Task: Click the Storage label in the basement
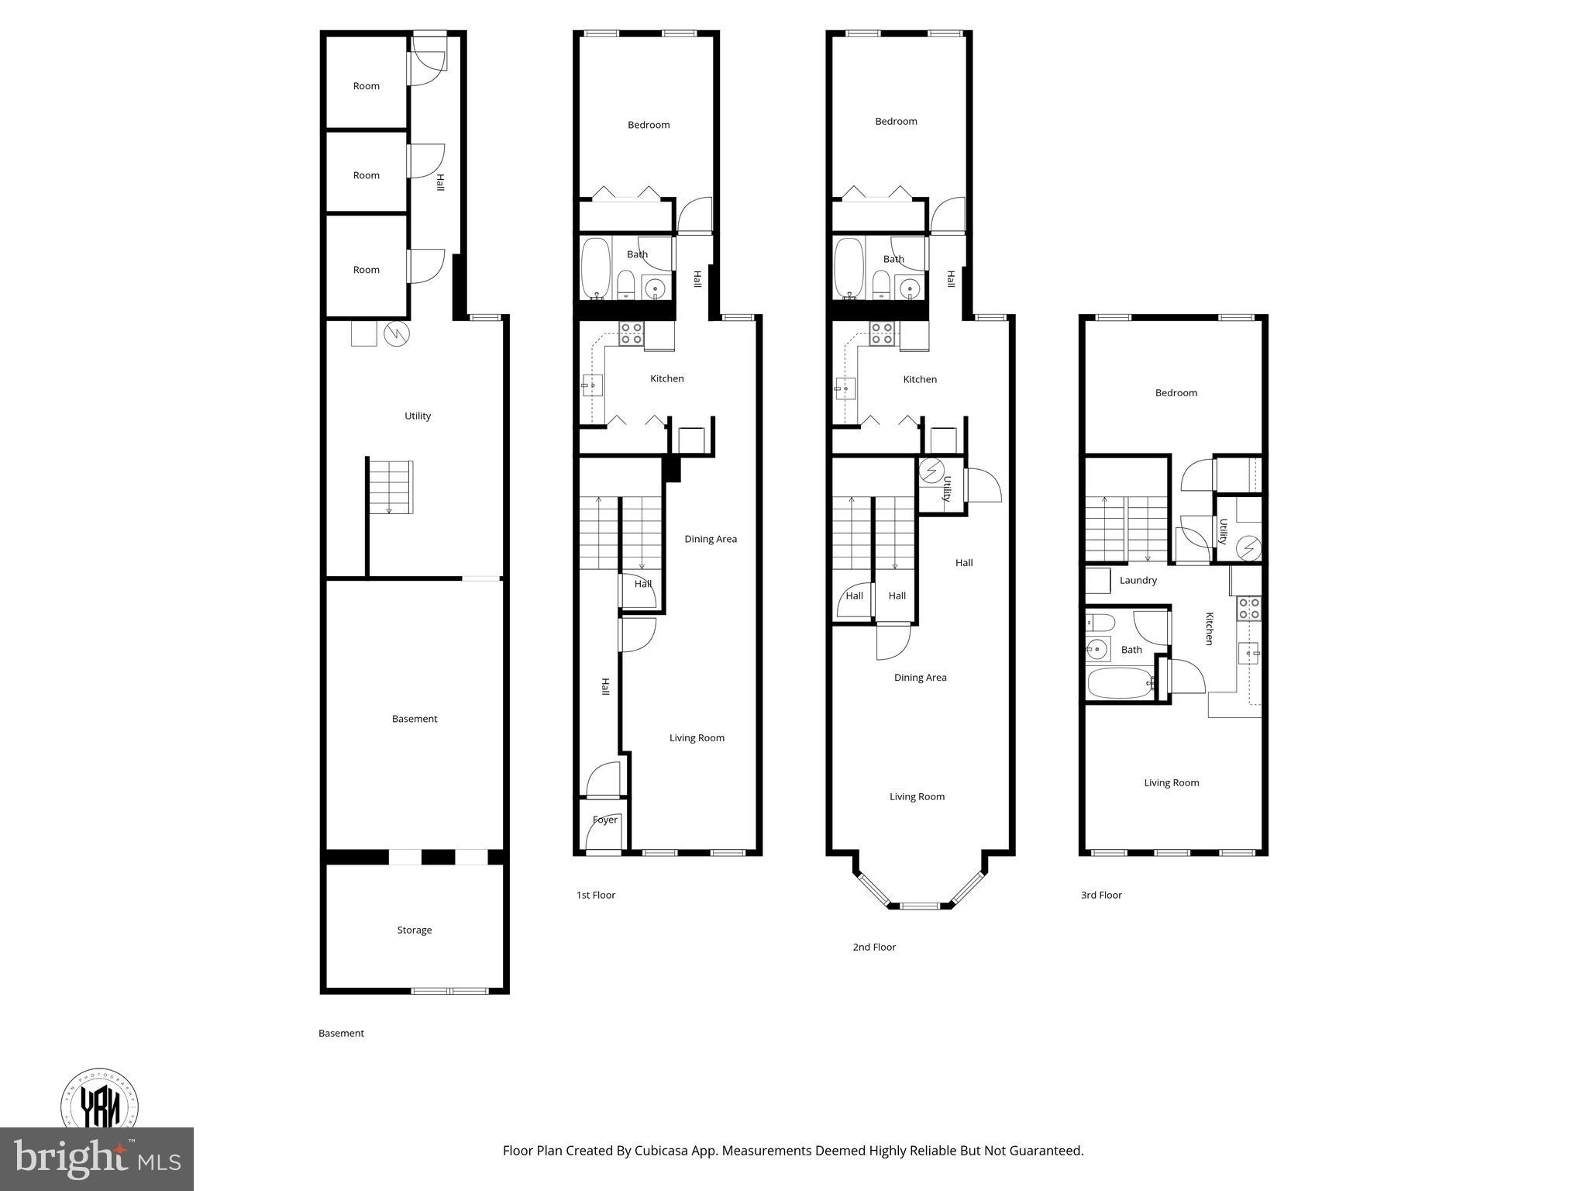point(414,930)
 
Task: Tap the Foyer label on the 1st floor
point(604,820)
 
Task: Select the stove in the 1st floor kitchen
point(631,334)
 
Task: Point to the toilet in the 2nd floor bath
point(881,285)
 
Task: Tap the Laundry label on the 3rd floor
point(1138,580)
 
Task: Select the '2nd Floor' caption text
point(873,947)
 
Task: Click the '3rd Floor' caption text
point(1101,895)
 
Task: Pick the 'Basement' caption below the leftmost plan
point(341,1033)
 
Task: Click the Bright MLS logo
point(97,1158)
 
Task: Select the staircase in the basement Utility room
point(390,487)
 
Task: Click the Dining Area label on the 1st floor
point(710,539)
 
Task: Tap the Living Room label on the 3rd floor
point(1171,782)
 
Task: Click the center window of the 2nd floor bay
point(920,905)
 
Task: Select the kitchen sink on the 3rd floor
point(1248,654)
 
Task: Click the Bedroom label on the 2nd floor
point(896,121)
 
